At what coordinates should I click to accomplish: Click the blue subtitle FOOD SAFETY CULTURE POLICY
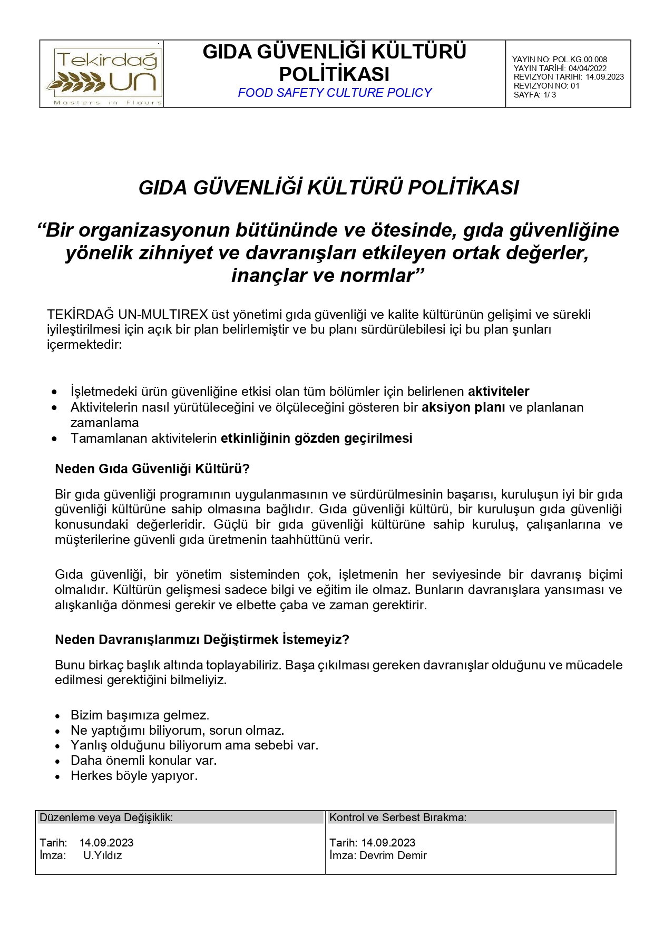(x=334, y=93)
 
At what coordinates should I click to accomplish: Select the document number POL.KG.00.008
(x=580, y=60)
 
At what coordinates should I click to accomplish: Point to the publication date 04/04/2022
(x=587, y=68)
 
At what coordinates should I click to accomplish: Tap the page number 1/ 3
(x=549, y=95)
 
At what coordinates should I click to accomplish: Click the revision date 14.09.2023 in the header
(x=604, y=77)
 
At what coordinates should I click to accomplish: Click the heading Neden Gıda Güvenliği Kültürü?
(x=152, y=469)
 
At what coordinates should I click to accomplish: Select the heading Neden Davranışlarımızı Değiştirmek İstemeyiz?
(x=202, y=639)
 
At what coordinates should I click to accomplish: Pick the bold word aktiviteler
(x=498, y=392)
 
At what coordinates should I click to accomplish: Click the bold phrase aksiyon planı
(x=463, y=407)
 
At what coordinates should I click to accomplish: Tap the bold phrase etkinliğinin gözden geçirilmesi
(x=316, y=438)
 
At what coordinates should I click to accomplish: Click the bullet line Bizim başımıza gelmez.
(x=140, y=715)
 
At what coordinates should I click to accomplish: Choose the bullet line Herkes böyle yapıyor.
(x=134, y=776)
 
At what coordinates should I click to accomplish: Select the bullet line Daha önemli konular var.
(x=143, y=761)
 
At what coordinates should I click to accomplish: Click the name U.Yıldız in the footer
(x=102, y=855)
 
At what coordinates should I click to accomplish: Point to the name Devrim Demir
(x=393, y=855)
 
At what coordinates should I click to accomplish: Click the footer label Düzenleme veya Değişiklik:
(x=106, y=817)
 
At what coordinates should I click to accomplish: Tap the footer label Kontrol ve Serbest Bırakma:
(x=398, y=817)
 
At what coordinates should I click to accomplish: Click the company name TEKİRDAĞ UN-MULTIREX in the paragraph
(x=127, y=315)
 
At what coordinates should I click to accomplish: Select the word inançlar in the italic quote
(x=269, y=275)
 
